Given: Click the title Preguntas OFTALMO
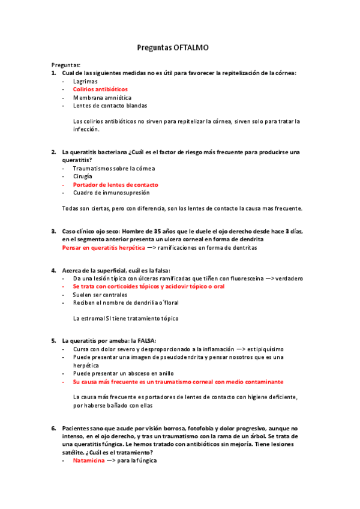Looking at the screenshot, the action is pos(173,47).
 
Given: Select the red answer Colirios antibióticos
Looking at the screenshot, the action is pos(100,89).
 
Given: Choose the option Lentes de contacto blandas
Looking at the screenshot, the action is pos(110,106).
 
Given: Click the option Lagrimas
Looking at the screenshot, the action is pos(85,81).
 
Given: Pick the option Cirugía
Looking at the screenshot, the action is pos(83,176).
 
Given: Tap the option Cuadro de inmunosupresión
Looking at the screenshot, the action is pos(111,193).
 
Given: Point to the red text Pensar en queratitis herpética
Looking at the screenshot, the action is pos(103,247).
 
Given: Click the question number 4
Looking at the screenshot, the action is pos(53,271).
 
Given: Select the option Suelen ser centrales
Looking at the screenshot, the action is pos(100,295).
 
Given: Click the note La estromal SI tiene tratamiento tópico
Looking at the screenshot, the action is pos(125,318).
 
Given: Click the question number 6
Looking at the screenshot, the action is pos(53,429).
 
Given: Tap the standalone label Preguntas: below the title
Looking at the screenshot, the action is pos(66,65).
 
